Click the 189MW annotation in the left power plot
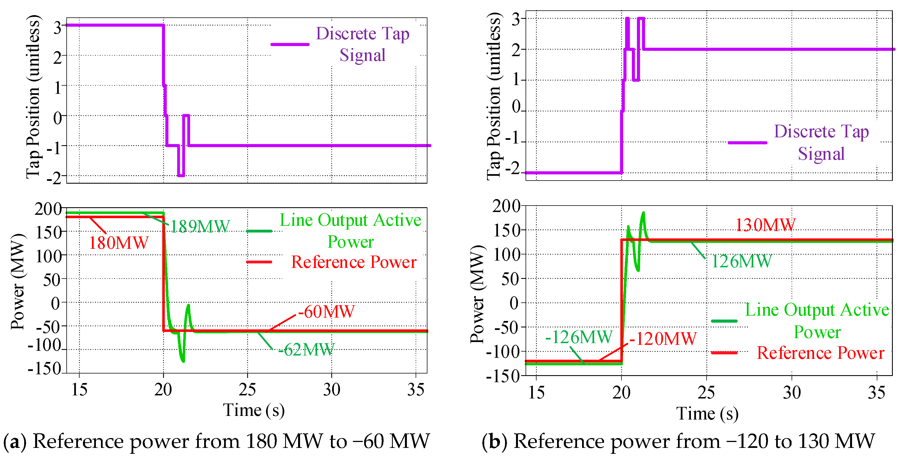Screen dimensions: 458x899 200,227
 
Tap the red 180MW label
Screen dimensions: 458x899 119,243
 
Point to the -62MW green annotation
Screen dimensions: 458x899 306,350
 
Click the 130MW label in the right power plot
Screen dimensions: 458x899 765,225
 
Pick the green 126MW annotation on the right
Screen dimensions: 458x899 741,261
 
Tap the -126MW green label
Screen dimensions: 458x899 579,337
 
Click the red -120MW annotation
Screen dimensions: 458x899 663,339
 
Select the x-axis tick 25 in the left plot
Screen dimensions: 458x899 247,390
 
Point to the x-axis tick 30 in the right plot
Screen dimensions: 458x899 792,393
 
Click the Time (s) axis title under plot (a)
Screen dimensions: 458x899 254,410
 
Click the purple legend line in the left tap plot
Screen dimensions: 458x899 290,45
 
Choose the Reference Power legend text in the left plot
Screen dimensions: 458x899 353,262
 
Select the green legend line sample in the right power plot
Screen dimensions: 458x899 724,321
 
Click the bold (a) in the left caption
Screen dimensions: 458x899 15,441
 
